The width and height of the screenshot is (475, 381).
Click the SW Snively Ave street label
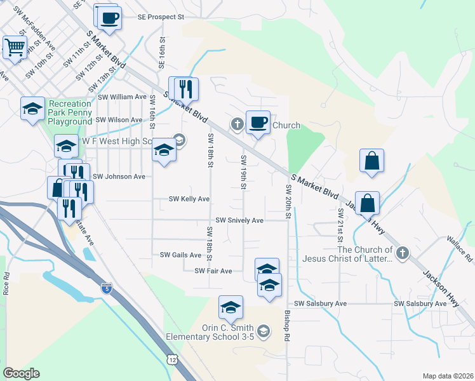tap(239, 220)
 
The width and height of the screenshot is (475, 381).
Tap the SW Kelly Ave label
tap(189, 199)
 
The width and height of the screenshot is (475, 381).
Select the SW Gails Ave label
tap(180, 255)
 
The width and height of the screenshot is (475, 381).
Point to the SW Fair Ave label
tap(213, 271)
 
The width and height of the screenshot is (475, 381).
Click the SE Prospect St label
tap(161, 17)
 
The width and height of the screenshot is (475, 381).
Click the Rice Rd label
tap(6, 283)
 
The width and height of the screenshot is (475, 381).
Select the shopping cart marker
tap(15, 47)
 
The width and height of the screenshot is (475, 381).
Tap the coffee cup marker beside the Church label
tap(258, 123)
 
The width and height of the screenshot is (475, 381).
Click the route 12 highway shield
tap(173, 359)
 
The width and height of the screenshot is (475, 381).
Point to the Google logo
tap(21, 373)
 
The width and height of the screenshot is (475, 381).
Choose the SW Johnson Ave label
tap(119, 177)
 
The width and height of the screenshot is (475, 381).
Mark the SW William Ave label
tap(123, 97)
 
